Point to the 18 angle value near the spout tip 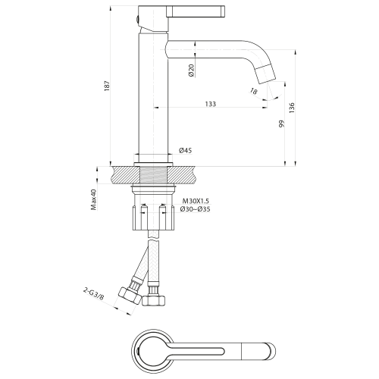click(253, 91)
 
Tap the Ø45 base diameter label click(185, 151)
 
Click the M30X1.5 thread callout click(194, 201)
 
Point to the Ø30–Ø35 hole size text click(196, 210)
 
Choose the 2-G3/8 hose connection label click(94, 296)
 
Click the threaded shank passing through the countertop click(152, 175)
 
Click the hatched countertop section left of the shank click(123, 175)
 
